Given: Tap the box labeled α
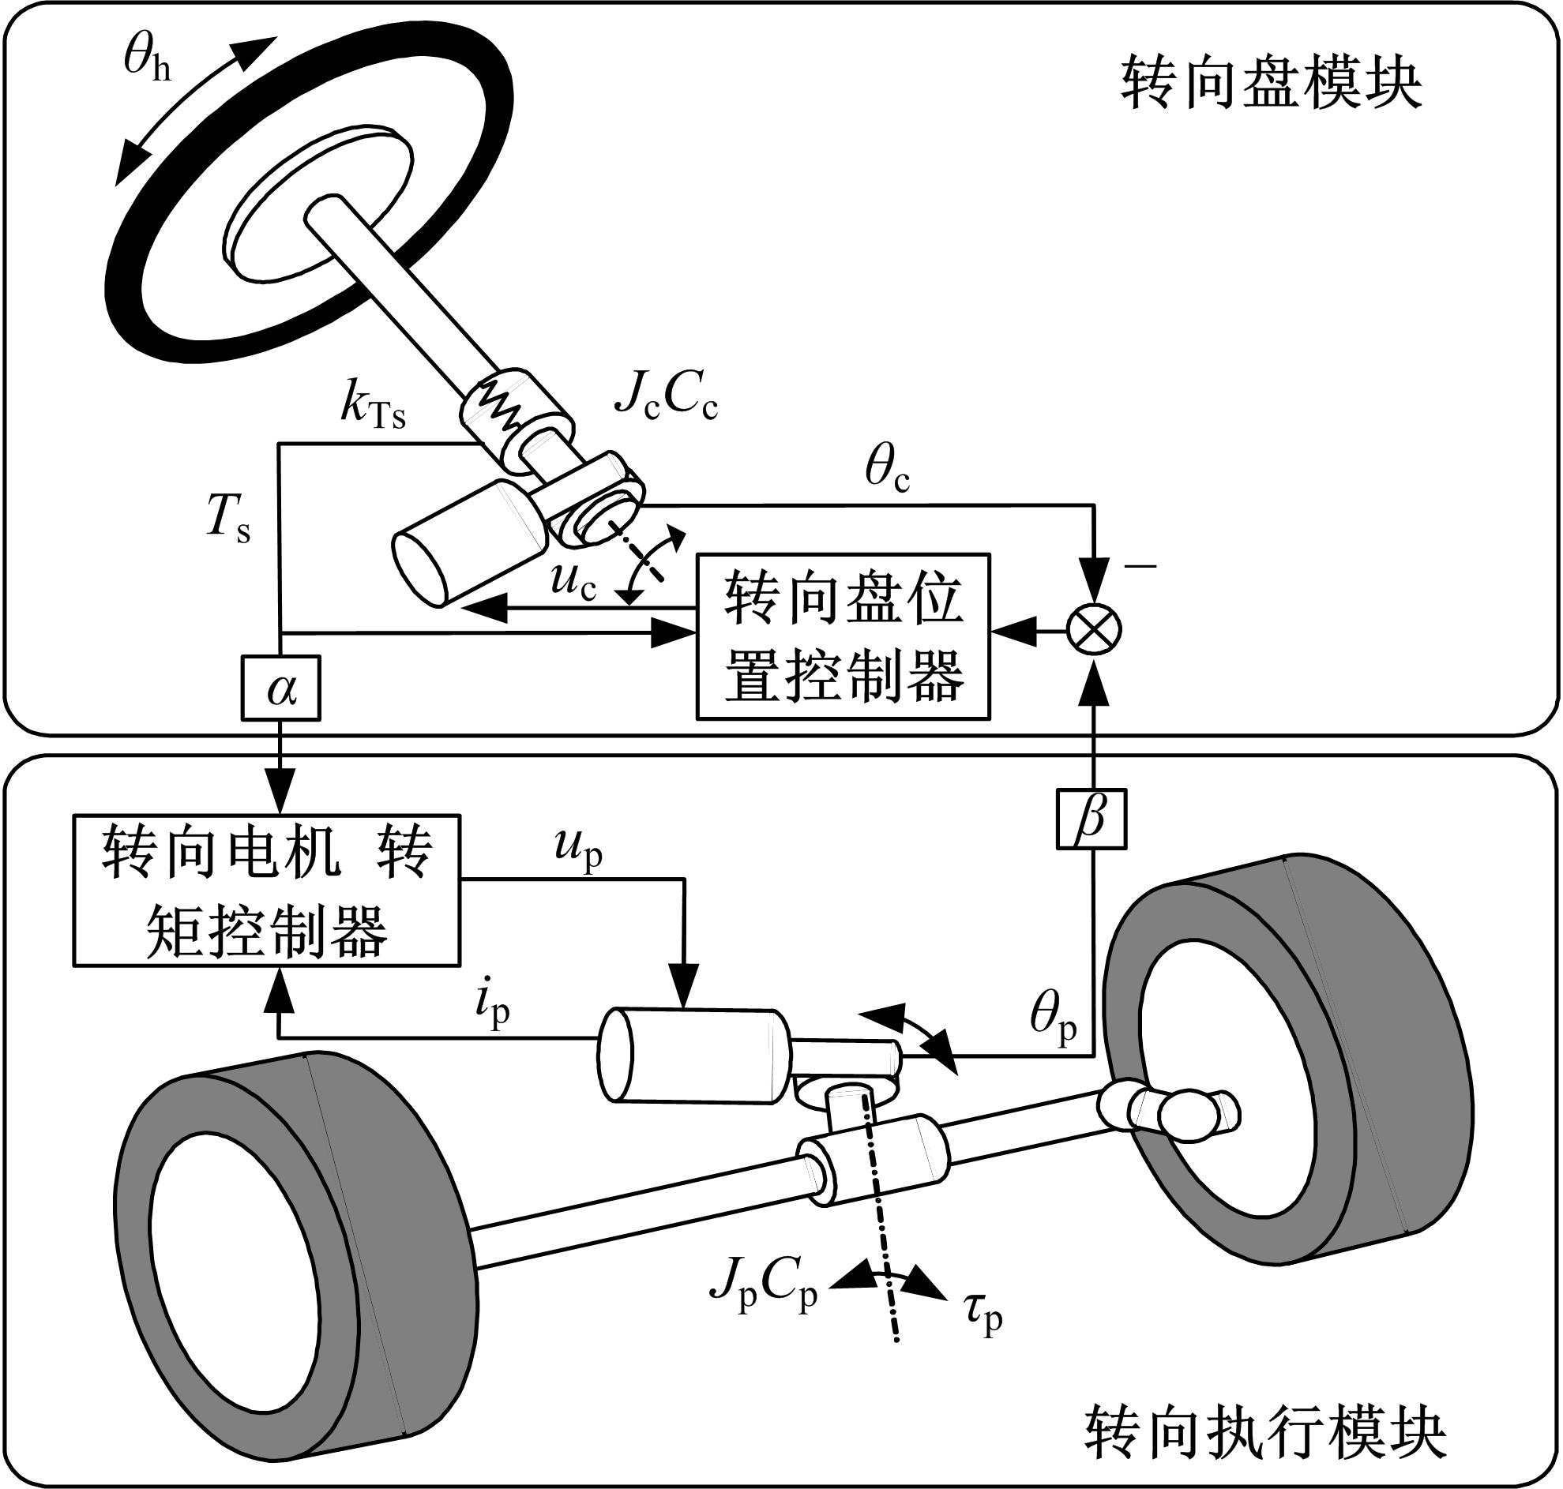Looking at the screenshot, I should coord(281,688).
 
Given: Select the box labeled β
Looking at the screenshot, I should coord(1091,816).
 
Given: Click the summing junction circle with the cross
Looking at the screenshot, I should coord(1094,630).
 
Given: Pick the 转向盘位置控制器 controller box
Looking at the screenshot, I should coord(843,636).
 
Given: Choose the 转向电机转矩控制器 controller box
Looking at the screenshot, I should coord(266,889).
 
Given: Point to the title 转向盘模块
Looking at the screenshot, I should coord(1271,85).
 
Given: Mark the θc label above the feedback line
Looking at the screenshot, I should coord(888,471).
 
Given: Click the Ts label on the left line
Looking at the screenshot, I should coord(228,524).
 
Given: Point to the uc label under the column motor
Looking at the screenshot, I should coord(573,583).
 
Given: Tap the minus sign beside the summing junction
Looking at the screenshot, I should coord(1140,566).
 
